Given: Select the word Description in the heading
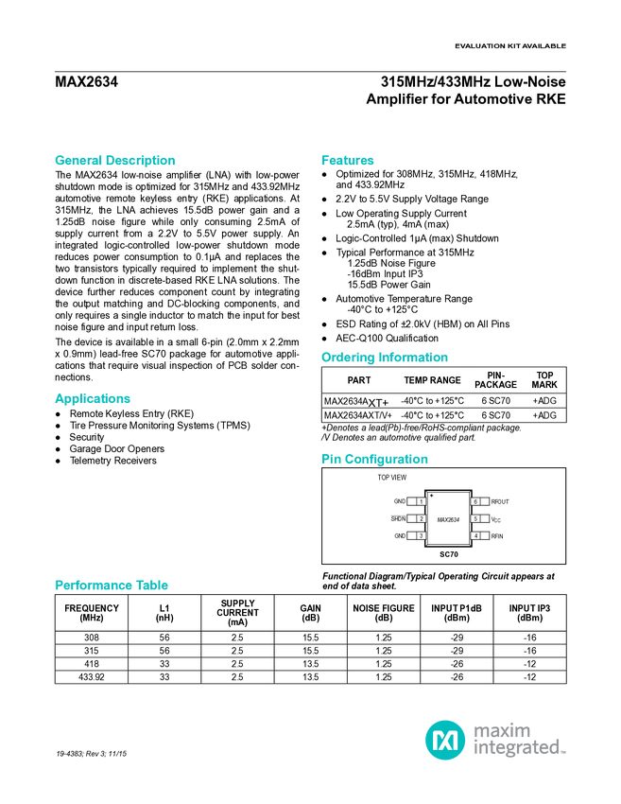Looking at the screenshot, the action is tap(141, 161).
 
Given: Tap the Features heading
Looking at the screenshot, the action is tap(348, 161).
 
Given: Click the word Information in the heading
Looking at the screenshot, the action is tap(413, 358).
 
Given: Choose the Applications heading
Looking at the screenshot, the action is tap(92, 399).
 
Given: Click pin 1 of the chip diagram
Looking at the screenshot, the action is tap(421, 501).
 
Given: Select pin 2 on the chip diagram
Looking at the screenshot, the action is tap(421, 518).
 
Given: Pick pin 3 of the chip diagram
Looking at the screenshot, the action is tap(421, 536).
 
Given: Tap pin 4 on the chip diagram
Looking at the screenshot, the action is tap(476, 536).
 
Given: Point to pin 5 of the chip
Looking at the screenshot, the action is tap(476, 518).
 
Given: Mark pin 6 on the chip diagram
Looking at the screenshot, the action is tap(476, 501).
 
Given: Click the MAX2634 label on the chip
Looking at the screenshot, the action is tap(448, 519).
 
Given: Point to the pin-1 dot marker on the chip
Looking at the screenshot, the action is tap(432, 496).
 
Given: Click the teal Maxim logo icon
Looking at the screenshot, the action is tap(444, 739).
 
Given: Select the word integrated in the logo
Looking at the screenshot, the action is tap(519, 748).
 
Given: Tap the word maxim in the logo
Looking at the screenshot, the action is tap(502, 730).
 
